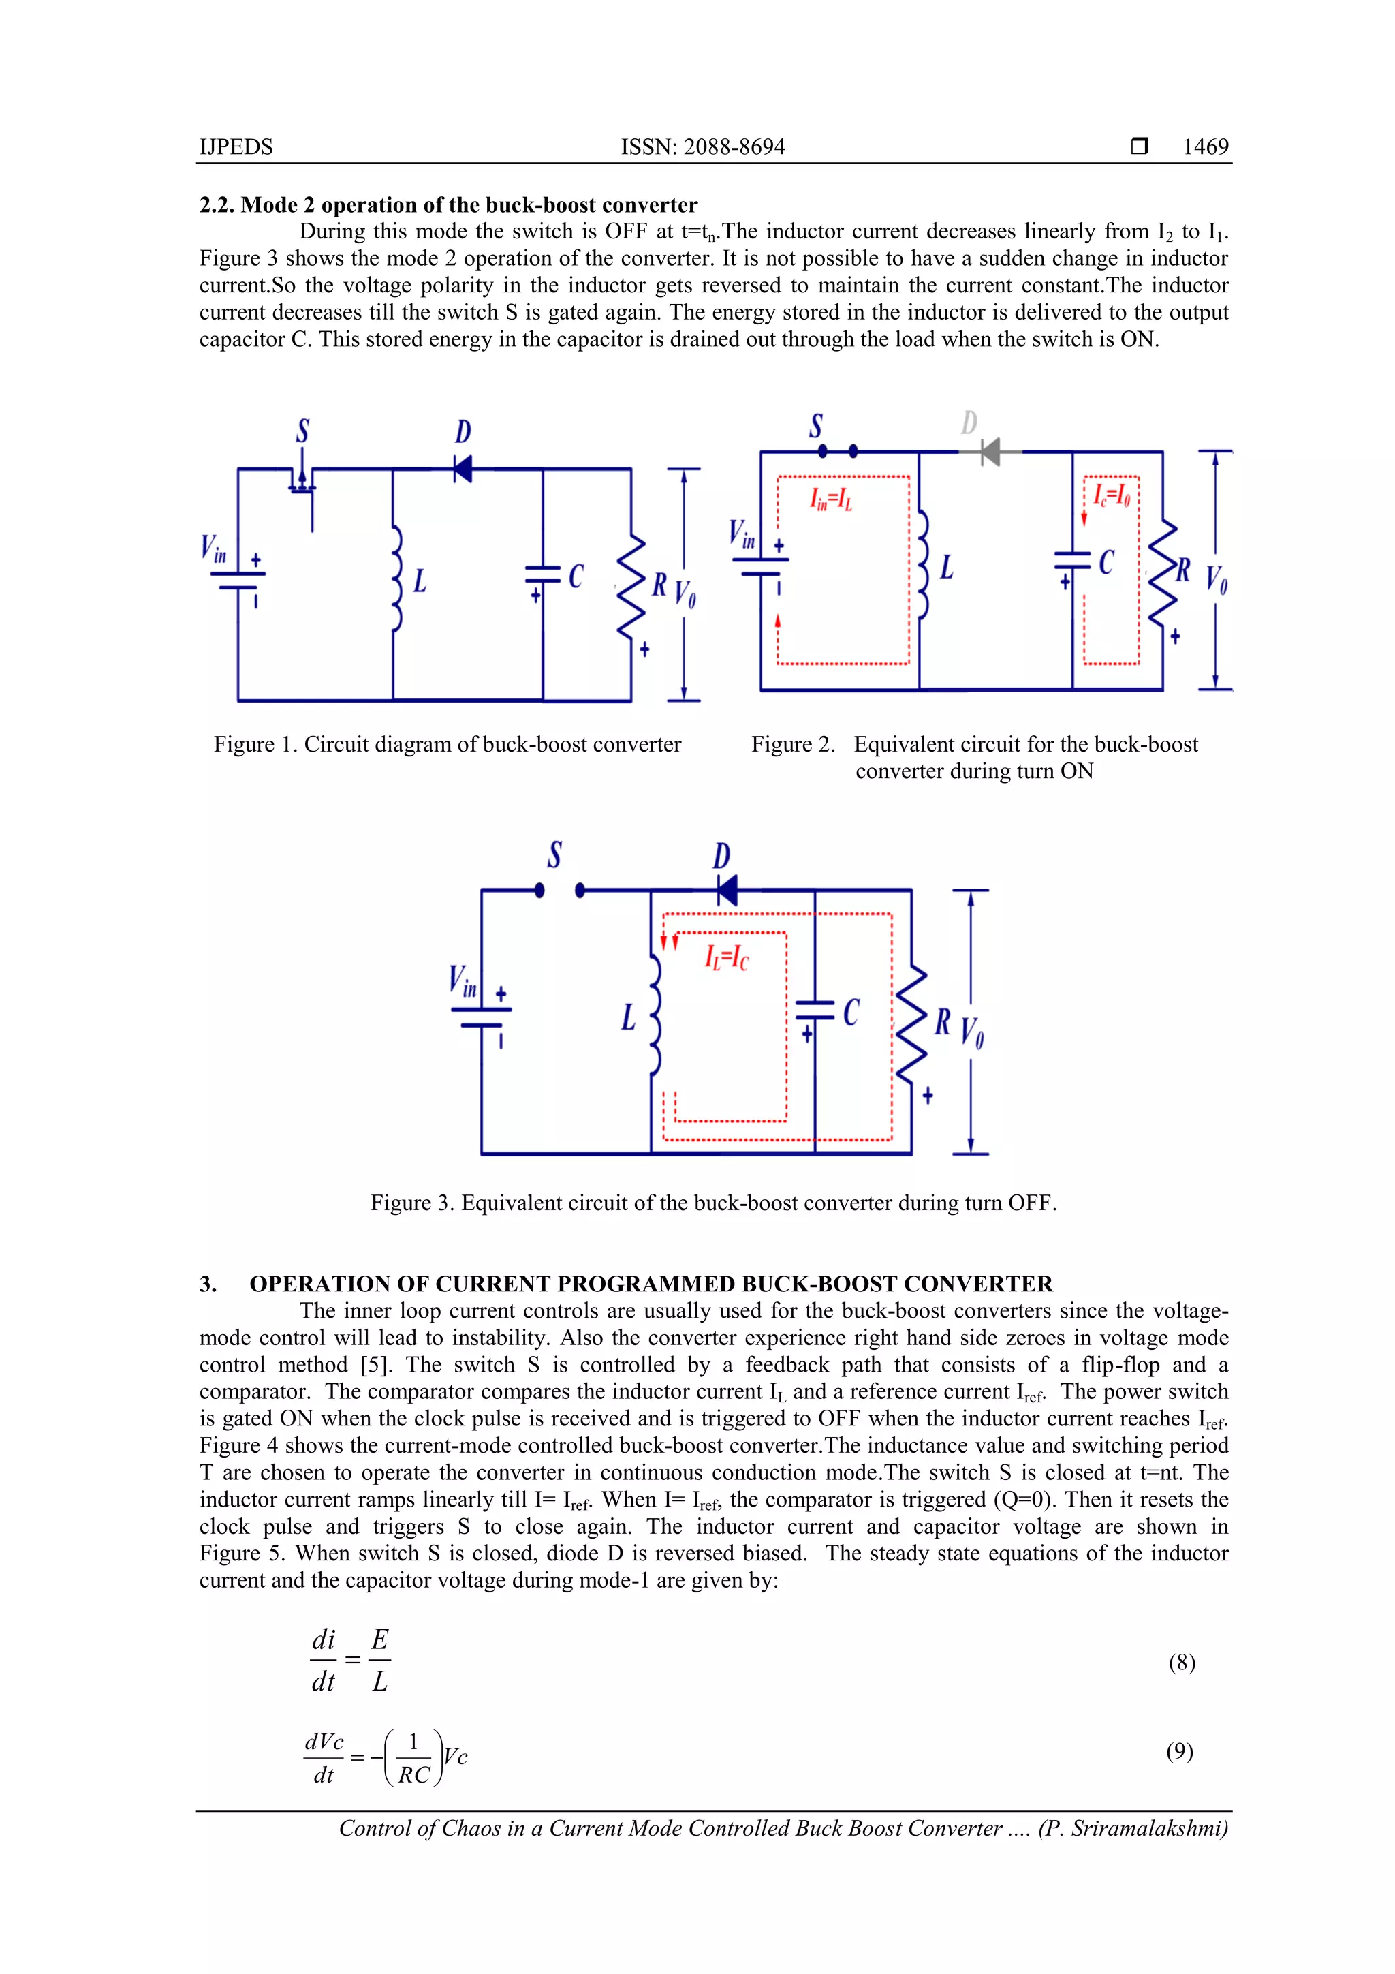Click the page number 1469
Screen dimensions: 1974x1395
click(1205, 147)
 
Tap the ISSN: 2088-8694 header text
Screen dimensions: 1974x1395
click(702, 147)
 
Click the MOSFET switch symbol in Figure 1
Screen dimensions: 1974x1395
click(302, 482)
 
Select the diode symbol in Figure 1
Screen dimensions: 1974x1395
click(463, 469)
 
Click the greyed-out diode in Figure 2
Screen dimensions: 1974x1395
click(990, 451)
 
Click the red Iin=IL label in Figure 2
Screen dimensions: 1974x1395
click(830, 499)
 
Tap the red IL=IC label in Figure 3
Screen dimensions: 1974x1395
click(726, 957)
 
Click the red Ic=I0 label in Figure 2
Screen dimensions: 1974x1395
click(1112, 495)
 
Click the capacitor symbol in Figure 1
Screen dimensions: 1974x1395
click(543, 574)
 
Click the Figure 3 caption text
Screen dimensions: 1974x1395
click(713, 1203)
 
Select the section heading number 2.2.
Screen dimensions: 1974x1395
click(216, 206)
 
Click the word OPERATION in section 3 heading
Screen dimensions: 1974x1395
click(319, 1284)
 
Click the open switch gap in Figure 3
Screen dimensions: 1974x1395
click(559, 891)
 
